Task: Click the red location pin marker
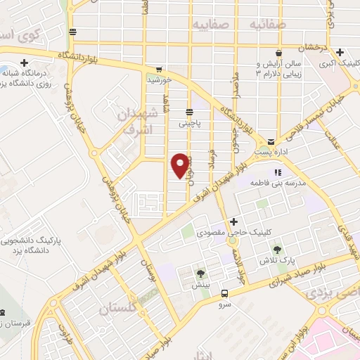(181, 165)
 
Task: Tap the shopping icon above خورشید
(159, 70)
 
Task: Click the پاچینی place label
(189, 122)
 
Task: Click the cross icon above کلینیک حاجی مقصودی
(233, 222)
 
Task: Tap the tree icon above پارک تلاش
(278, 250)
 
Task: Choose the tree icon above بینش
(202, 274)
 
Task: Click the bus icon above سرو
(224, 294)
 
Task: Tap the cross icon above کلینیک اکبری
(340, 52)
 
